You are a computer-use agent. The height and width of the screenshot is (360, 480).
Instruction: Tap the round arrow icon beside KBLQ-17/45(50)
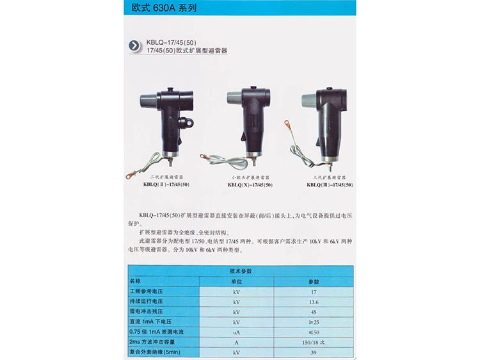134,45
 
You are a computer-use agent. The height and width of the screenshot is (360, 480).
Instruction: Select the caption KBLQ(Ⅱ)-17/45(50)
166,184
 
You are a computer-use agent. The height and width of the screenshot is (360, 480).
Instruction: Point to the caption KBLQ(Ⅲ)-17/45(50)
330,184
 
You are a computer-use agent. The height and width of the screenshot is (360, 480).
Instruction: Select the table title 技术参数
241,272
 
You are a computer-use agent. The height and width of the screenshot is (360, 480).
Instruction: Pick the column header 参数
314,281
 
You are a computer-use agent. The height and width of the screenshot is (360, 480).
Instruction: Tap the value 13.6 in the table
314,301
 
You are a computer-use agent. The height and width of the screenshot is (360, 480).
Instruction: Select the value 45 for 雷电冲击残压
314,311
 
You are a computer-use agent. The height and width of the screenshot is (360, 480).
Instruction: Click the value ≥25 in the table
314,322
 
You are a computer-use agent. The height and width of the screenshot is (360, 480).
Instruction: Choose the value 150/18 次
314,342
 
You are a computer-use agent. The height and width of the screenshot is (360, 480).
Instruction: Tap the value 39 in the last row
314,352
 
